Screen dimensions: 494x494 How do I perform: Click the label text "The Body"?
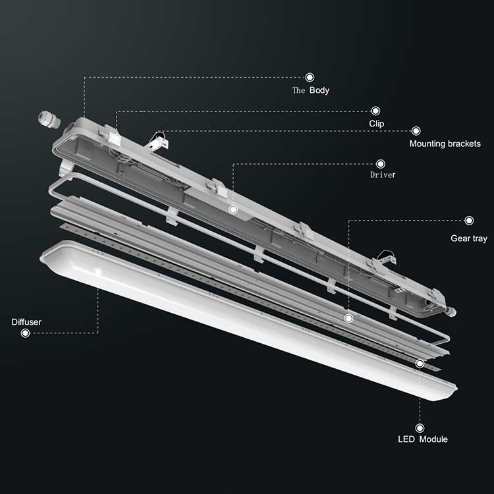310,90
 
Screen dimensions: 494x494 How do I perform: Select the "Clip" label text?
377,123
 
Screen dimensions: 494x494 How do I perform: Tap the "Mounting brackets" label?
445,144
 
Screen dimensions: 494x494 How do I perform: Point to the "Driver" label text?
383,175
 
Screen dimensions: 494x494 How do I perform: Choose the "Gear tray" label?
468,238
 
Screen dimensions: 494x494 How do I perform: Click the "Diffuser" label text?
26,322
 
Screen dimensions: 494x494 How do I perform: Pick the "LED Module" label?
422,439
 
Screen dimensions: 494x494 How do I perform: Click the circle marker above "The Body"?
310,77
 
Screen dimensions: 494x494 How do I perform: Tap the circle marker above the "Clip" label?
375,111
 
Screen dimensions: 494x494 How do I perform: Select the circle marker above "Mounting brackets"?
416,131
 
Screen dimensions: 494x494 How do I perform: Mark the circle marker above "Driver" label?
380,163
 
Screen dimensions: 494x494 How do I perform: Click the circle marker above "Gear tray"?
469,221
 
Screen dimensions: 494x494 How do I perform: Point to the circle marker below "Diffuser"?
25,333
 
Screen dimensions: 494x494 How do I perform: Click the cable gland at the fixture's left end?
47,119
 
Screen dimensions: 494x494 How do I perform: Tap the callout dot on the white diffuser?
98,271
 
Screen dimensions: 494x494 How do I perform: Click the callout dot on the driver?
233,209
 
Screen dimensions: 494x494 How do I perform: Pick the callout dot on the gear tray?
348,318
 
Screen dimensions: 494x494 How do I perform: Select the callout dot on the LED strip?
420,363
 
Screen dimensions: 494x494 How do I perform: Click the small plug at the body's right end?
453,307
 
